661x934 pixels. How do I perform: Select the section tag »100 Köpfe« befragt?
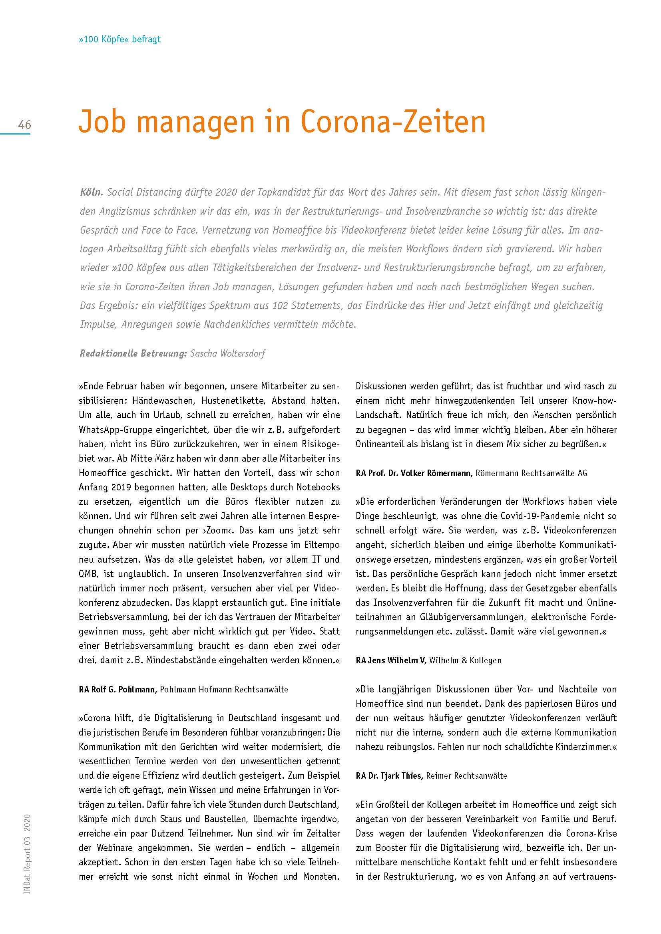[x=119, y=40]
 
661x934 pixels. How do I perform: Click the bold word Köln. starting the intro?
[x=91, y=192]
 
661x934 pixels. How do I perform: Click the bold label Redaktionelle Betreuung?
[x=133, y=353]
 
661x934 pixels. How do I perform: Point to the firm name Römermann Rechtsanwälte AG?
[x=531, y=473]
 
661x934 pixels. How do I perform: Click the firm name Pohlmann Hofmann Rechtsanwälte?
[x=224, y=690]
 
